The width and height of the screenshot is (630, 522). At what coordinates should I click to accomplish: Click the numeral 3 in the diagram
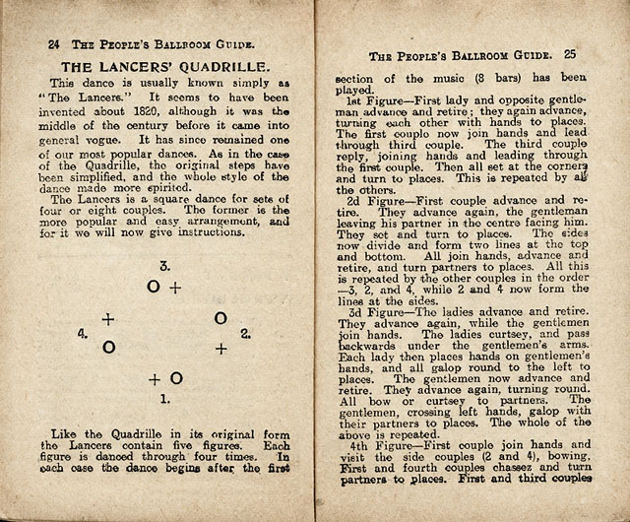[x=164, y=266]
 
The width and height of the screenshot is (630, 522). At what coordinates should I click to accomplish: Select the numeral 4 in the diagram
[x=83, y=334]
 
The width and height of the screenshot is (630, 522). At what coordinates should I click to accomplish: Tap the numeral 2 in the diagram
[x=245, y=334]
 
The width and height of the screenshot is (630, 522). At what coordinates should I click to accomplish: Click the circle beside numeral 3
[x=153, y=287]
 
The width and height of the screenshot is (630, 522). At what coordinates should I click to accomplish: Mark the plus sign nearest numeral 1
[x=155, y=379]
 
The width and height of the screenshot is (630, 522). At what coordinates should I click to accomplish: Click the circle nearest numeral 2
[x=220, y=317]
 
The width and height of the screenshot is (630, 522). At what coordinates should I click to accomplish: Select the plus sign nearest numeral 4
[x=107, y=320]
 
